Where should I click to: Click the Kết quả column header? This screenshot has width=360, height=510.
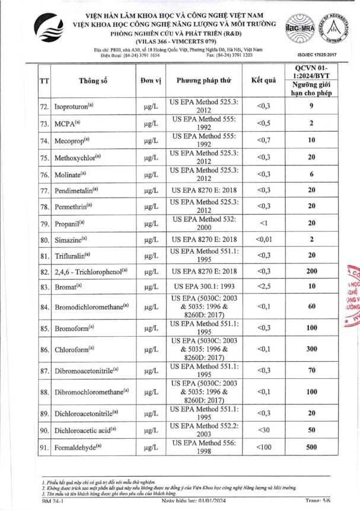pos(263,81)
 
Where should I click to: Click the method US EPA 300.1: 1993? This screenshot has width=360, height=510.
pos(204,286)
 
